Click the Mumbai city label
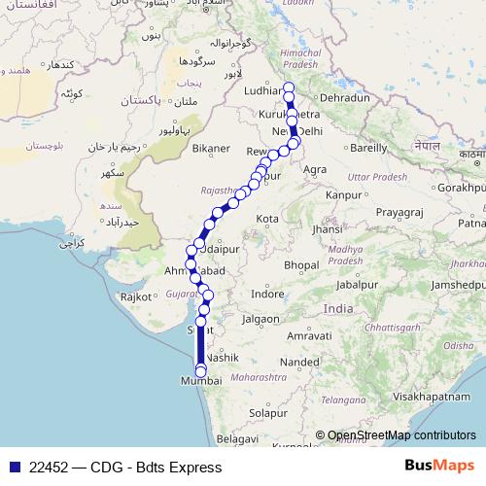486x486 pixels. click(x=201, y=382)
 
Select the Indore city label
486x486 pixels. click(x=267, y=293)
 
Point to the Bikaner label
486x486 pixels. click(x=211, y=149)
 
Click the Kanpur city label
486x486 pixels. click(x=344, y=195)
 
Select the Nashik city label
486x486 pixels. click(x=222, y=358)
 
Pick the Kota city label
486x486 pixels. click(x=267, y=220)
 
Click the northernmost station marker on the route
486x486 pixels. click(x=288, y=87)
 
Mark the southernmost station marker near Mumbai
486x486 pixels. click(x=201, y=370)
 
